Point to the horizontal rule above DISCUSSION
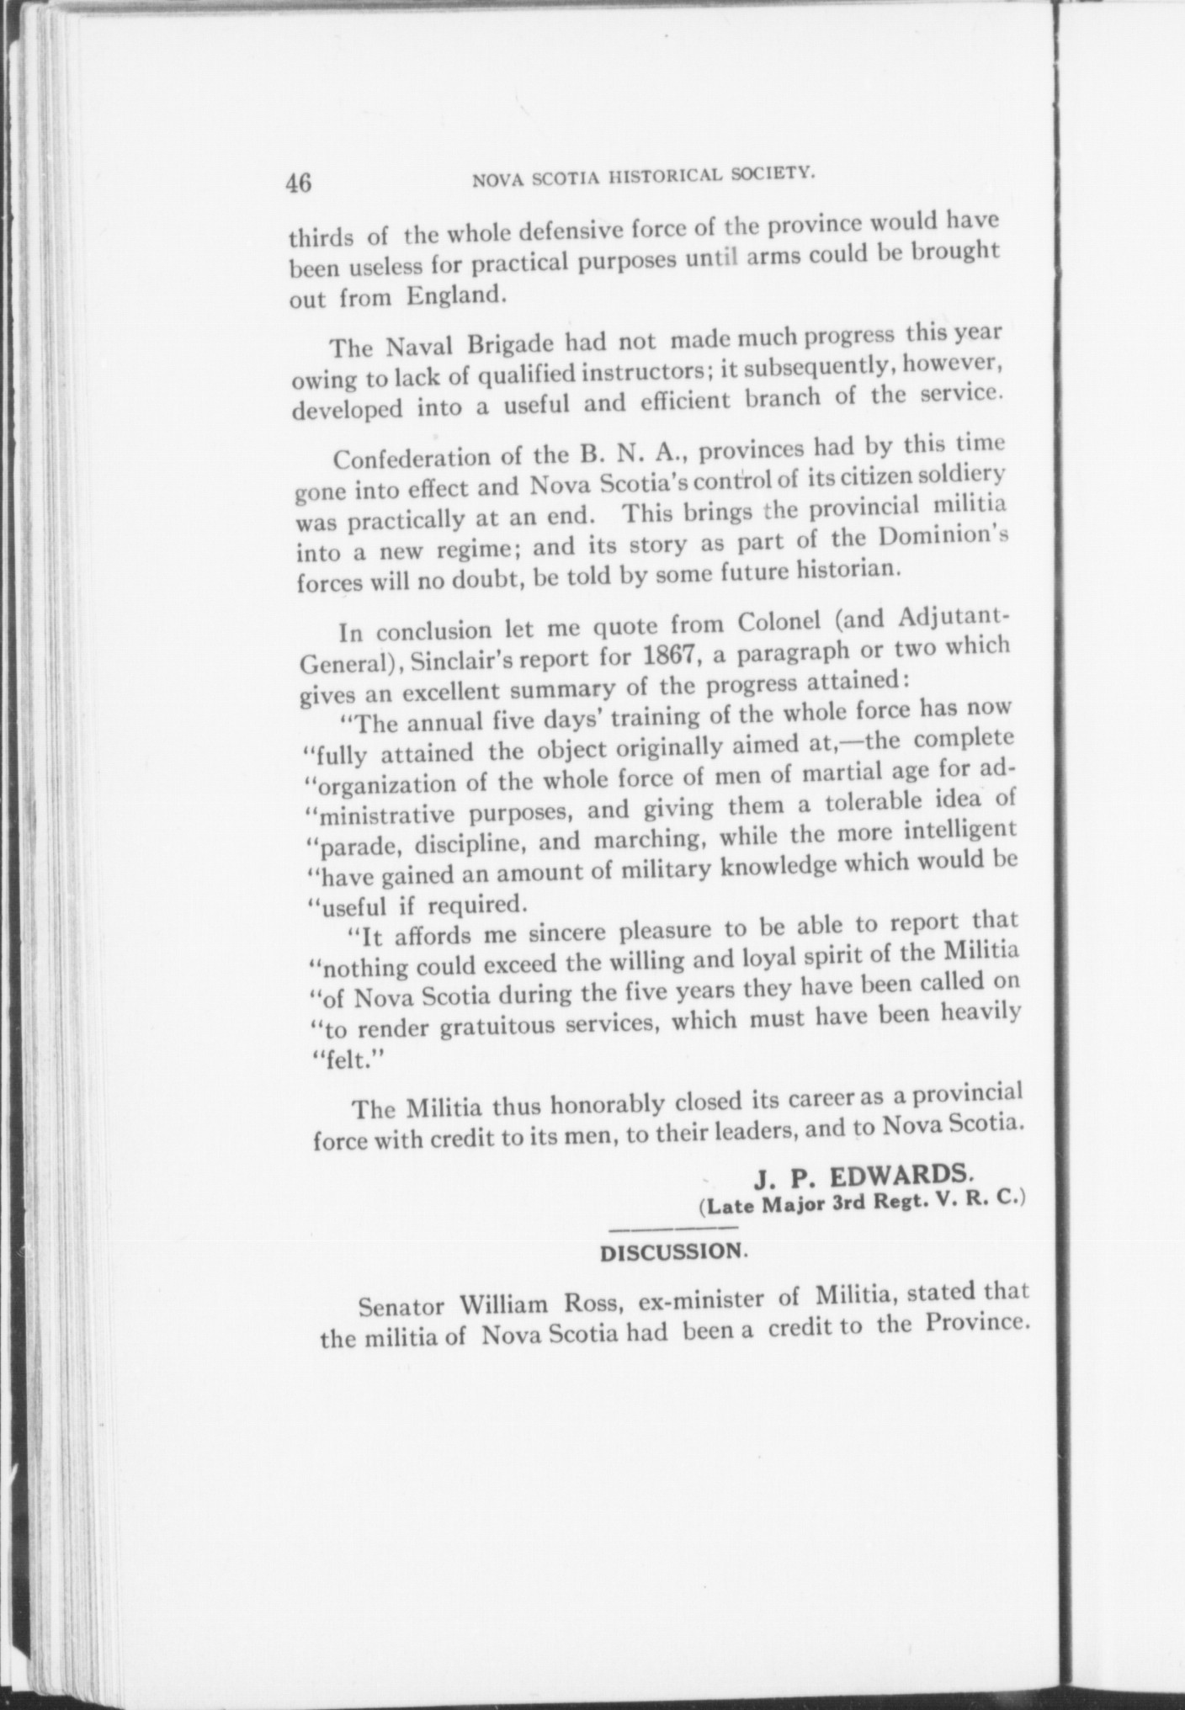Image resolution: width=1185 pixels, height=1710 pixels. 672,1229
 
